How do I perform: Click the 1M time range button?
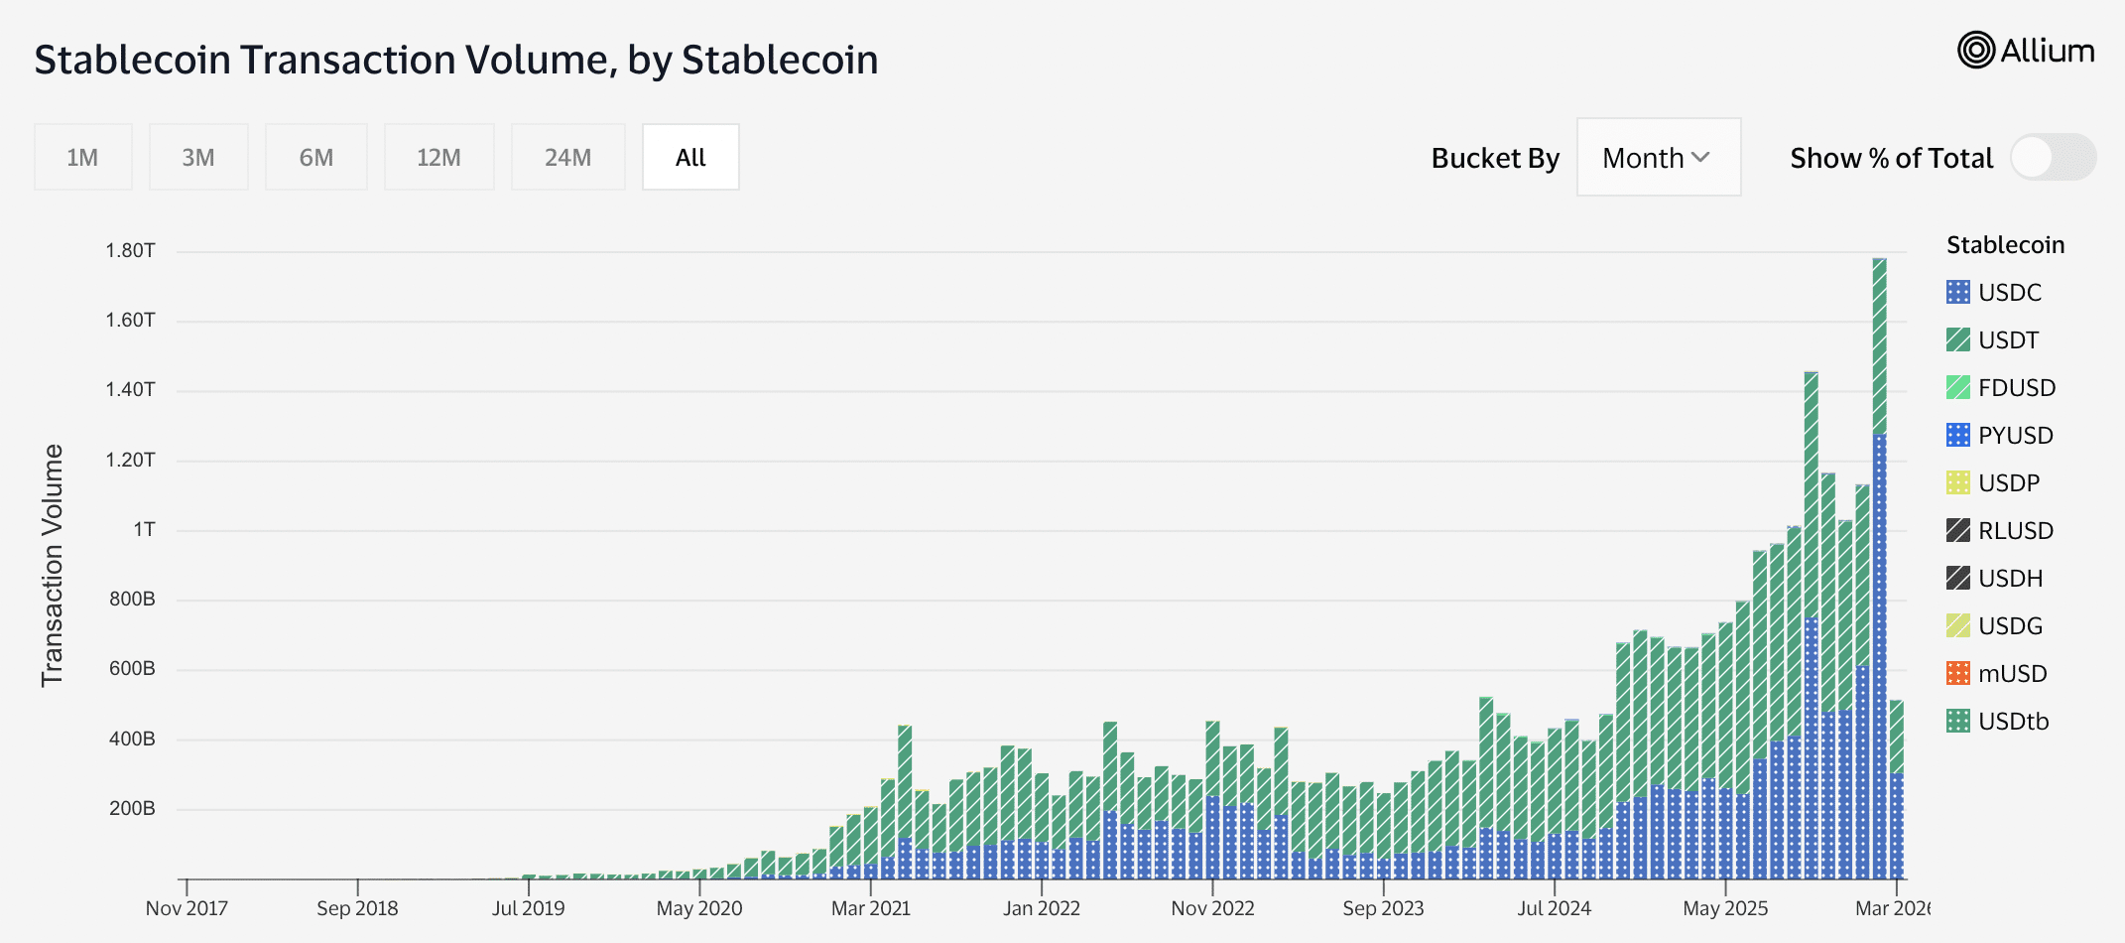(82, 157)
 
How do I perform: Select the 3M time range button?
(198, 157)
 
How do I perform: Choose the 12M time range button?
(438, 157)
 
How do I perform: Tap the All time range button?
(690, 157)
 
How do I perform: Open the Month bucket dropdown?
(1658, 158)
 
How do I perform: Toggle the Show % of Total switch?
(2052, 158)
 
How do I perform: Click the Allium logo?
(2025, 51)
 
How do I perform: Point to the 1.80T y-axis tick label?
(130, 250)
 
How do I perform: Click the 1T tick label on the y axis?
(145, 529)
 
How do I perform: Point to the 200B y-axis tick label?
(132, 808)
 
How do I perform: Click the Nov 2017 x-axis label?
(187, 908)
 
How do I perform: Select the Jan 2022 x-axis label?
(1041, 908)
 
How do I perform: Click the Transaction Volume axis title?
(52, 565)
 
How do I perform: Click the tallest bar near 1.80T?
(1879, 496)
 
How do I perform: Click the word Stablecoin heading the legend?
(2005, 244)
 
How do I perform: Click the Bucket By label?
(1495, 158)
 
